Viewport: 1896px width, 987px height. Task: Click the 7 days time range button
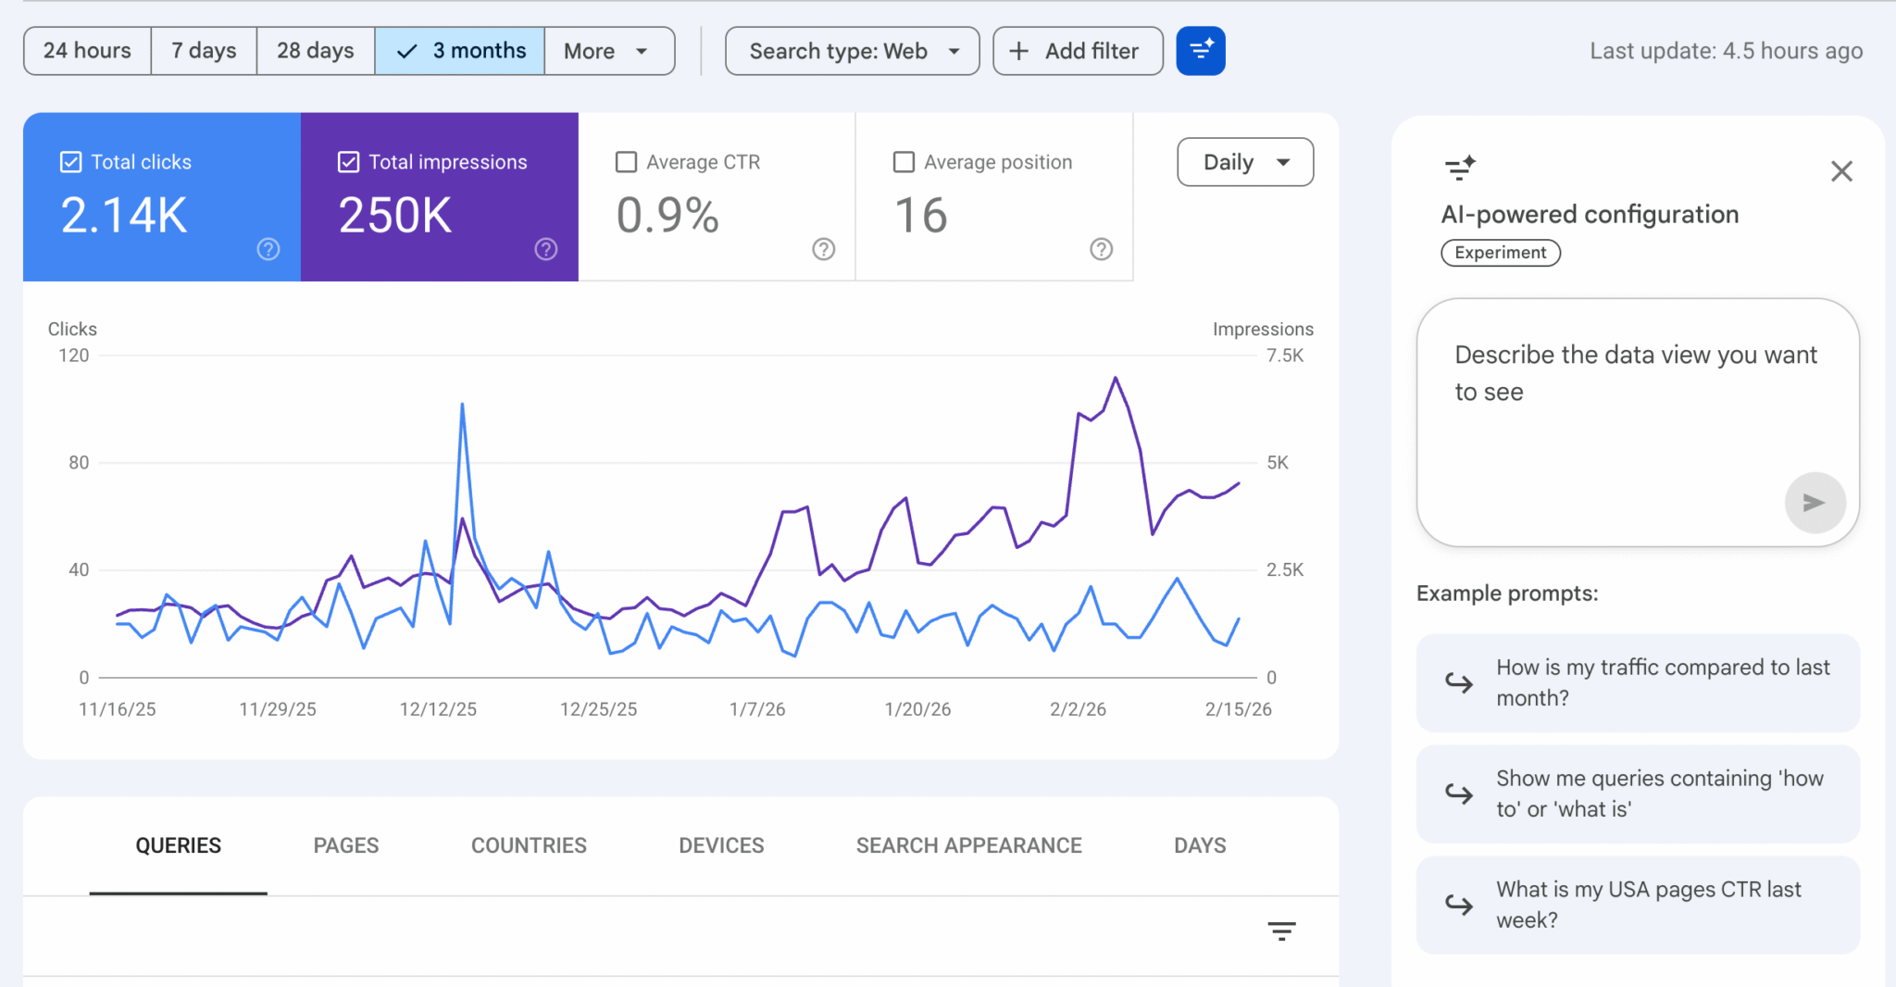pos(204,51)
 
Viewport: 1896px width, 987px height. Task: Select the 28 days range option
pos(315,51)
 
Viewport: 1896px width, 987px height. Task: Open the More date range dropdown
pos(608,51)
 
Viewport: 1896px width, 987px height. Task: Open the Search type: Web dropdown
pos(852,51)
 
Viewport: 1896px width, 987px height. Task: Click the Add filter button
pos(1077,51)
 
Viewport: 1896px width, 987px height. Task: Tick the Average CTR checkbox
pos(627,162)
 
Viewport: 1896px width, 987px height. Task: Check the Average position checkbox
pos(904,162)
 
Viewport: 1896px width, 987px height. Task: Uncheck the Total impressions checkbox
pos(348,162)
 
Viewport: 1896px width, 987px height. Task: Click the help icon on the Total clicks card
pos(268,249)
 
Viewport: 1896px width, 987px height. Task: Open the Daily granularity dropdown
pos(1244,162)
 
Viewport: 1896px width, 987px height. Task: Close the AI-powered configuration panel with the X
pos(1841,171)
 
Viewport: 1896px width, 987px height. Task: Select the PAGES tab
pos(345,845)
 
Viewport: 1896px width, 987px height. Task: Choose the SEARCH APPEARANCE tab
pos(968,845)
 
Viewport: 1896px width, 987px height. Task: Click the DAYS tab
pos(1200,845)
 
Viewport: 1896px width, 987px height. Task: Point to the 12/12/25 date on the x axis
pos(438,709)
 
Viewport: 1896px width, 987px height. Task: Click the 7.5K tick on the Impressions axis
pos(1285,356)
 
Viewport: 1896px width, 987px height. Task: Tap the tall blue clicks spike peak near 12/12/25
pos(462,405)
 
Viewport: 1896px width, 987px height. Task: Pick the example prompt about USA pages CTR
pos(1638,905)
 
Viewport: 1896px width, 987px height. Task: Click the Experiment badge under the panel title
pos(1500,253)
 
